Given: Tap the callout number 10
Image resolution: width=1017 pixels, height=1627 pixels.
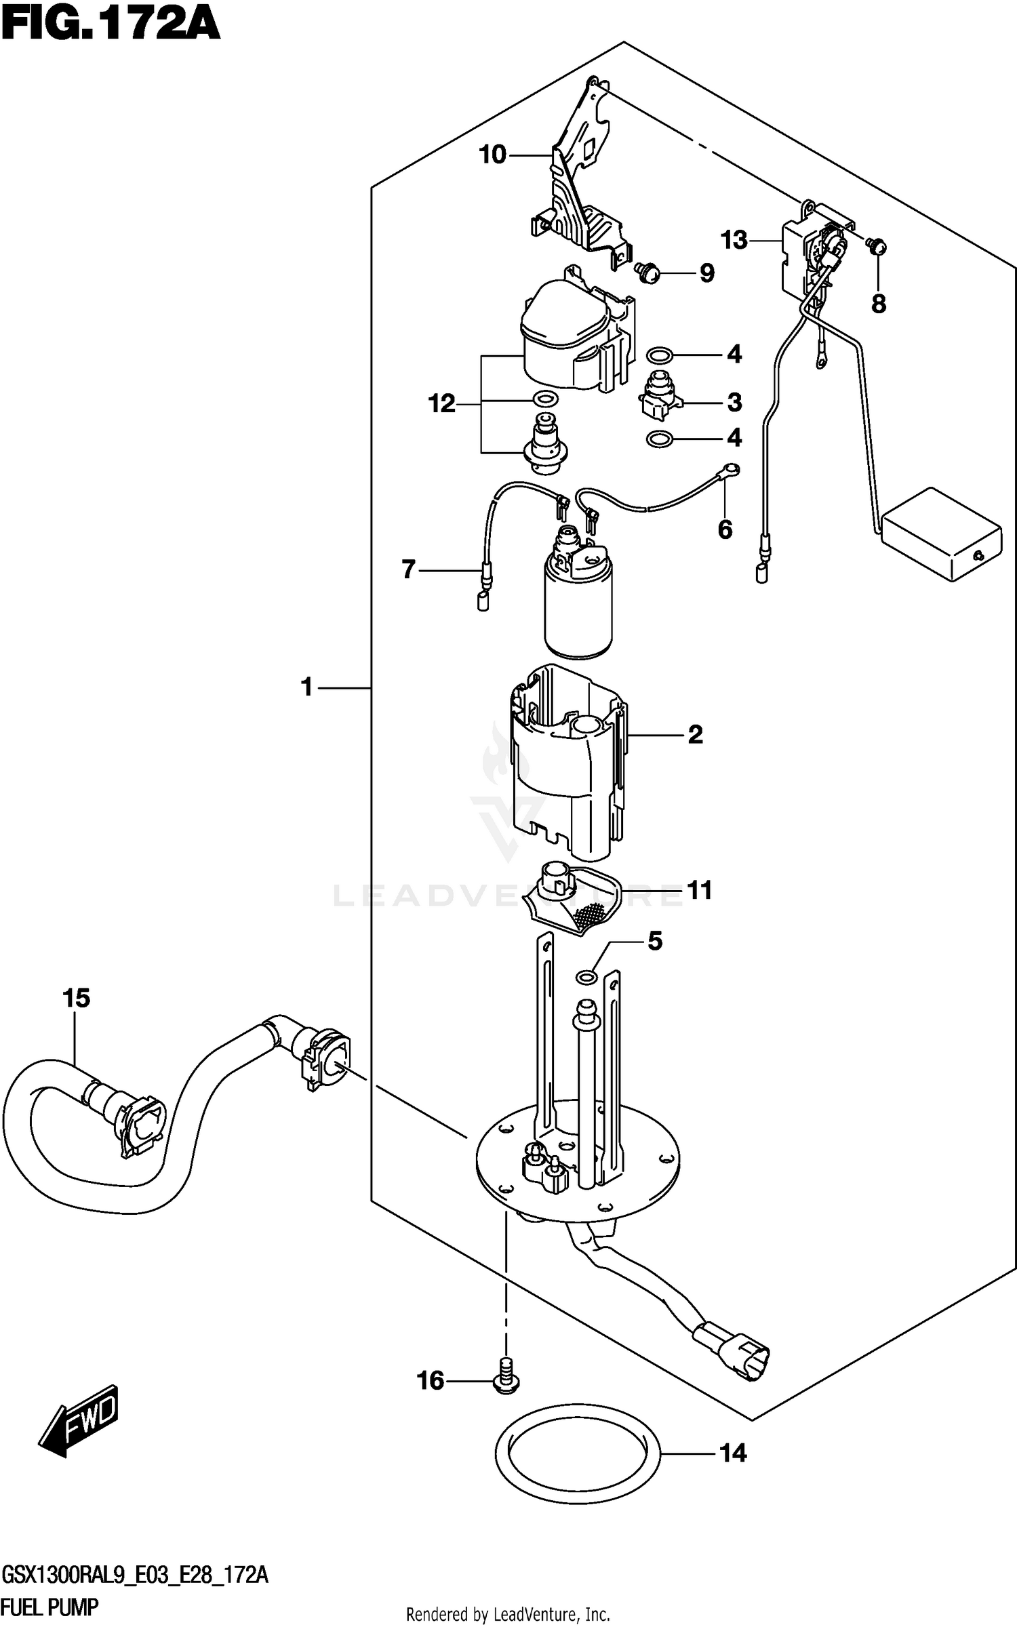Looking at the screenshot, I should pyautogui.click(x=493, y=155).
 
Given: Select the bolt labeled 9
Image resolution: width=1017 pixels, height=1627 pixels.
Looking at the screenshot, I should pyautogui.click(x=647, y=272).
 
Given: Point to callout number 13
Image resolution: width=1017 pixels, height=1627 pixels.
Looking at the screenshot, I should pyautogui.click(x=734, y=240).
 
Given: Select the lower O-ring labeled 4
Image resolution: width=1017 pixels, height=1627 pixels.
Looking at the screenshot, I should pyautogui.click(x=659, y=440).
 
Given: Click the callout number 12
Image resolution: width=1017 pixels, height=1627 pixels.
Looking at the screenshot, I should pyautogui.click(x=441, y=405).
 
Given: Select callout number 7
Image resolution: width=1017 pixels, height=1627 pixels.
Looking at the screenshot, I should pyautogui.click(x=408, y=569).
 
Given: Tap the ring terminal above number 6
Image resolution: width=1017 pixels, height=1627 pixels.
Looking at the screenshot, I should pyautogui.click(x=732, y=468).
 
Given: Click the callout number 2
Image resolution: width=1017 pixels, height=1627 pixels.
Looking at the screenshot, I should pyautogui.click(x=696, y=734).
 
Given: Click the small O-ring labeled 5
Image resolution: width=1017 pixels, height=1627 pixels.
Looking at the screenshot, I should pyautogui.click(x=586, y=977).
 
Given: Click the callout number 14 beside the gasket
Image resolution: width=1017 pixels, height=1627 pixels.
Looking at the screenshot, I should pyautogui.click(x=733, y=1453).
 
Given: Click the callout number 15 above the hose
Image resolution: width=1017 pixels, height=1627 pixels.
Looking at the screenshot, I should pyautogui.click(x=76, y=999).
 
